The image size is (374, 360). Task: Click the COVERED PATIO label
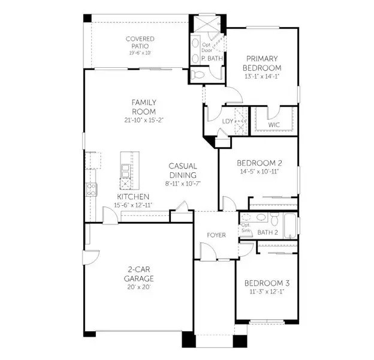pos(140,42)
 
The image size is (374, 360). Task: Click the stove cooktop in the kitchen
pos(92,190)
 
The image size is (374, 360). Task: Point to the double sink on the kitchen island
pos(125,172)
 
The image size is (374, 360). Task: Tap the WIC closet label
pos(274,125)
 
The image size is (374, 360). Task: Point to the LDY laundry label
pos(227,121)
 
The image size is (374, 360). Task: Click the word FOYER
pos(216,235)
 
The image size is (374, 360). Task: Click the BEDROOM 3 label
pos(267,283)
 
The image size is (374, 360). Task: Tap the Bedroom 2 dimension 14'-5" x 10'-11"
pos(258,171)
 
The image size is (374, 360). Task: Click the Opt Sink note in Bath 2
pos(245,227)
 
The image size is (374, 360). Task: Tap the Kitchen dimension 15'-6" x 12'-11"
pos(133,205)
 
